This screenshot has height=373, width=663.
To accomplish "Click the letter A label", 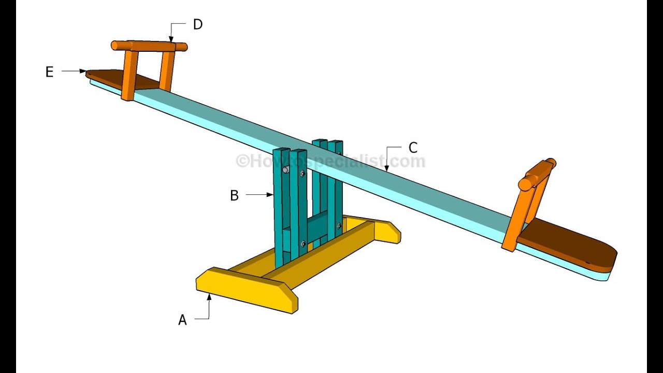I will point(182,321).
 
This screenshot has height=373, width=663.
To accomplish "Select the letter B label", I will point(234,196).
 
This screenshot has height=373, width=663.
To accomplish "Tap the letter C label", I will point(412,148).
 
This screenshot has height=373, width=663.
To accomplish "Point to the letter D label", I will point(197,24).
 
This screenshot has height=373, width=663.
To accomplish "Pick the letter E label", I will point(49,72).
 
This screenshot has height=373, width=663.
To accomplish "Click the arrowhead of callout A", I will point(209,295).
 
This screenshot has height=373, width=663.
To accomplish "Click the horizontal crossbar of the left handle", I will point(149,46).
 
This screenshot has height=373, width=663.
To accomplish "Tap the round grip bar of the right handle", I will point(538,174).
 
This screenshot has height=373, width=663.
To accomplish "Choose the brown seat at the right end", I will point(570,247).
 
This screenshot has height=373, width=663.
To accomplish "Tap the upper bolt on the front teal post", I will point(285,169).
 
